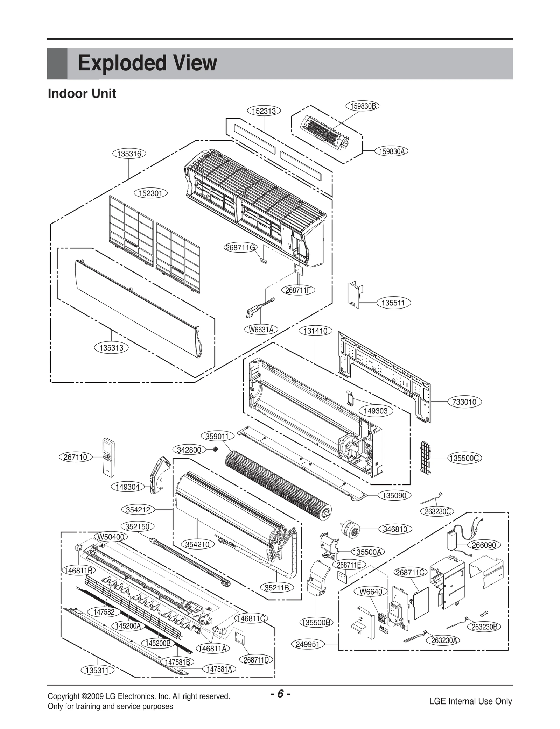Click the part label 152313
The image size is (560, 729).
[x=264, y=111]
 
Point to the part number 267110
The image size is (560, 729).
[x=75, y=457]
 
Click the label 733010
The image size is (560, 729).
[x=464, y=402]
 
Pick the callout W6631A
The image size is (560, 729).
[x=261, y=330]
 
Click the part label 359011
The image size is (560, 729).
[x=217, y=436]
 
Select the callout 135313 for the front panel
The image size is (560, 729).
[x=111, y=348]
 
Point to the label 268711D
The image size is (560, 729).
[x=256, y=660]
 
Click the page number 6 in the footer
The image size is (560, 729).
[x=280, y=694]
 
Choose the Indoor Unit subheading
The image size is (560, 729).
[x=82, y=94]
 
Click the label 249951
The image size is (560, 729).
[x=308, y=644]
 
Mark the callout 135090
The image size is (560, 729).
[x=394, y=495]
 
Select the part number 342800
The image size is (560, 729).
[x=189, y=450]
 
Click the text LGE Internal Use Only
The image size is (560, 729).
[x=470, y=701]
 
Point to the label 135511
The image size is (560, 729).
[x=393, y=303]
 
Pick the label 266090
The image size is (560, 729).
[x=484, y=545]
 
